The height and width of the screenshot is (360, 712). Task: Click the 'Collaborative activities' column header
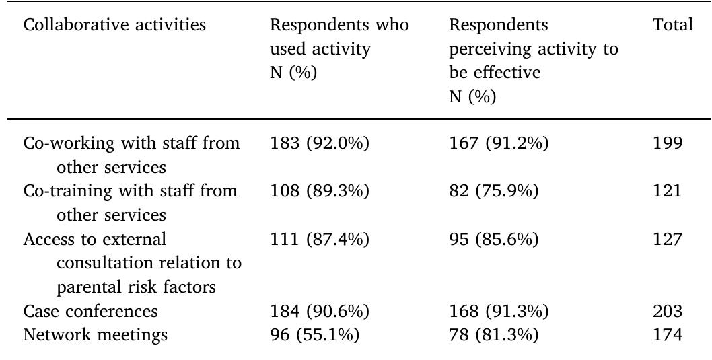tap(114, 26)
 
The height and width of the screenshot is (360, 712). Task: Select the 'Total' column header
tap(672, 26)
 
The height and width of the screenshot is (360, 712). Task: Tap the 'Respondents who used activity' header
tap(339, 48)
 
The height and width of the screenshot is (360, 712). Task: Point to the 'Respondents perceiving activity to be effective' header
tap(533, 61)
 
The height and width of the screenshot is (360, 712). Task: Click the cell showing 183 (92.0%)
tap(320, 143)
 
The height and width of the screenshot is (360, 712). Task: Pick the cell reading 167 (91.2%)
tap(499, 143)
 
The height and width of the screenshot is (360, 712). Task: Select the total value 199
tap(667, 143)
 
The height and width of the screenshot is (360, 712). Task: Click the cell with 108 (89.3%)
tap(320, 191)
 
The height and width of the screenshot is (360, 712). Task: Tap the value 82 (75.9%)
tap(493, 191)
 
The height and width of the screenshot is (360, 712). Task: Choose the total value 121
tap(667, 191)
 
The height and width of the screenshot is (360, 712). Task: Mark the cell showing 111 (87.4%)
tap(319, 240)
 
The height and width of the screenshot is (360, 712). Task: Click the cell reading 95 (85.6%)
tap(493, 240)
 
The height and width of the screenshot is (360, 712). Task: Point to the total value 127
tap(667, 240)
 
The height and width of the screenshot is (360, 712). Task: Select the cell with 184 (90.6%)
tap(320, 312)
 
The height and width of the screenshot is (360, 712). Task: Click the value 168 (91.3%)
tap(499, 312)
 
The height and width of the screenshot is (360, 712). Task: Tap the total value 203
tap(667, 312)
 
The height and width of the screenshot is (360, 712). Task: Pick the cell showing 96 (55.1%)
tap(314, 334)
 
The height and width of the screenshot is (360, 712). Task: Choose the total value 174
tap(667, 334)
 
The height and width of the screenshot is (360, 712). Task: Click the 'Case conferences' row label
tap(90, 312)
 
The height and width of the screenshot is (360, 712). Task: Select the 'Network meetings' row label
tap(95, 334)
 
